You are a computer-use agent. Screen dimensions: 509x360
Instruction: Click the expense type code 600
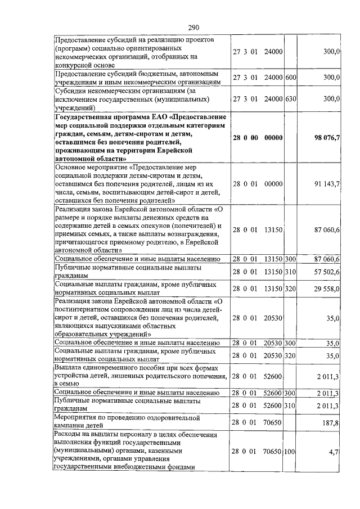coord(291,77)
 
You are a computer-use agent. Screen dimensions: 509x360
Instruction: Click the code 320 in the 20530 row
coord(291,355)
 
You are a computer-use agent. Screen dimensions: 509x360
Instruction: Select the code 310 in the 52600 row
coord(291,406)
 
